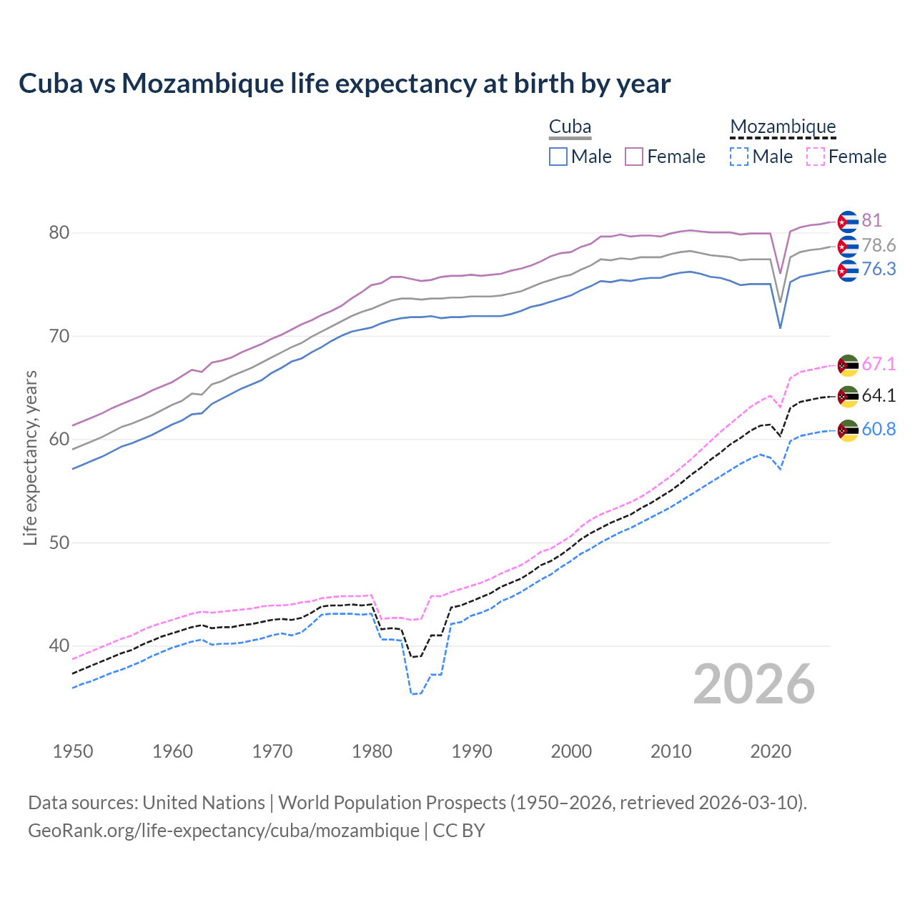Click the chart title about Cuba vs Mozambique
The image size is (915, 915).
point(345,84)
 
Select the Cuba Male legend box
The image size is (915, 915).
point(558,157)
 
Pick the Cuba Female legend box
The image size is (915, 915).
point(634,157)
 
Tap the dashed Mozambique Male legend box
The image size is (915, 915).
point(739,157)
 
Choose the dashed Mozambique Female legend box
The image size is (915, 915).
point(816,157)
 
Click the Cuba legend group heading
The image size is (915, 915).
point(570,127)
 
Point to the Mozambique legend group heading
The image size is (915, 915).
point(783,127)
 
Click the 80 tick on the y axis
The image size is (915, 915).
point(59,233)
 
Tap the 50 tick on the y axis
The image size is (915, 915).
point(59,543)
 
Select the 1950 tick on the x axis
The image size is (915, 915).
point(73,751)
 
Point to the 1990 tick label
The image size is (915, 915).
point(472,751)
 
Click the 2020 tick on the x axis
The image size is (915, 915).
point(771,751)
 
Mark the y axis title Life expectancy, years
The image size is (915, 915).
point(30,457)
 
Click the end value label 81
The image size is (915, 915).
point(871,220)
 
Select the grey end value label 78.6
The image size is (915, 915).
point(879,246)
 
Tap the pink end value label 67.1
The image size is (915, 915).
point(879,364)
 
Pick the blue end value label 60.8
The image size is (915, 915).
point(879,429)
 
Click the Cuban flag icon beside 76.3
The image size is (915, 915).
point(848,270)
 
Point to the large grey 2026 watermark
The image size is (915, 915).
point(754,684)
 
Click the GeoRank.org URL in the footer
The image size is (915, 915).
point(224,831)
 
